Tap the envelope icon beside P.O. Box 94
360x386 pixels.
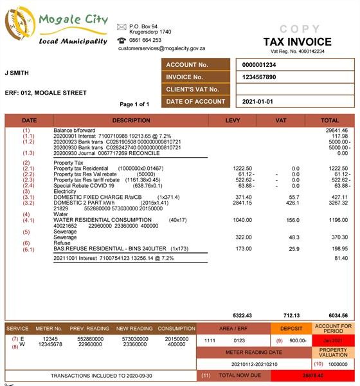(x=121, y=26)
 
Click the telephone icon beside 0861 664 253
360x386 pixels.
(x=121, y=40)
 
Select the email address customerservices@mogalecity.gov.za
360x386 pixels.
(x=161, y=48)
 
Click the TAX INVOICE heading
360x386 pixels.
(x=297, y=42)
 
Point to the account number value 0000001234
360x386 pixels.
(x=259, y=65)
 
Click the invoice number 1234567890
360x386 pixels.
(x=259, y=77)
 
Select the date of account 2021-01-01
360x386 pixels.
(x=258, y=102)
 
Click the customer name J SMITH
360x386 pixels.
(x=17, y=73)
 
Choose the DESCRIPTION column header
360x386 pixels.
(x=130, y=120)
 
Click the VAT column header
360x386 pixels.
(x=280, y=120)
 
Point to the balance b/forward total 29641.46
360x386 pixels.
(x=337, y=131)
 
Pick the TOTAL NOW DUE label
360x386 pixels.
(x=237, y=374)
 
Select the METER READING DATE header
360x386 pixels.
(x=253, y=353)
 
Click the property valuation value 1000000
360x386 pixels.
(x=338, y=363)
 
